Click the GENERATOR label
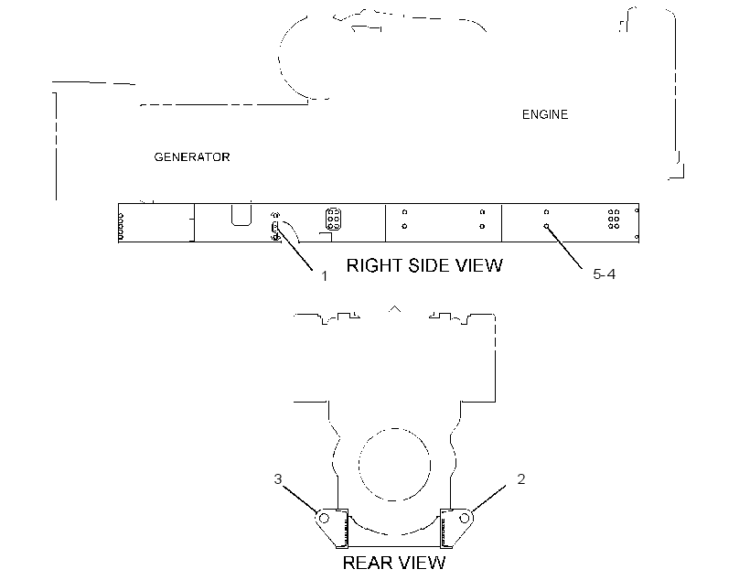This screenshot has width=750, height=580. pyautogui.click(x=192, y=157)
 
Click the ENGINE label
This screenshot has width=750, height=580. pyautogui.click(x=545, y=115)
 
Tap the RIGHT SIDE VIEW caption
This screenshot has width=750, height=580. pyautogui.click(x=424, y=265)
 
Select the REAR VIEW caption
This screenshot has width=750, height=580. pyautogui.click(x=393, y=563)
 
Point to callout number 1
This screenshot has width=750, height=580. pyautogui.click(x=325, y=276)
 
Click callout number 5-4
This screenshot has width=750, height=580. pyautogui.click(x=604, y=274)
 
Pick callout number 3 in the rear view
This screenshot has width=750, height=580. pyautogui.click(x=278, y=479)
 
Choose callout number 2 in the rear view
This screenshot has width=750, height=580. pyautogui.click(x=521, y=479)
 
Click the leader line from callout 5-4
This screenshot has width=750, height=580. pyautogui.click(x=564, y=247)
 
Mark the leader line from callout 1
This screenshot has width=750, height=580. pyautogui.click(x=295, y=248)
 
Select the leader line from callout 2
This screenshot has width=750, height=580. pyautogui.click(x=488, y=499)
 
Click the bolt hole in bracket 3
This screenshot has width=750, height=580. pyautogui.click(x=324, y=519)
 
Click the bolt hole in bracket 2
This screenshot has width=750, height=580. pyautogui.click(x=464, y=519)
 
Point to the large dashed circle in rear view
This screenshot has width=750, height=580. pyautogui.click(x=359, y=464)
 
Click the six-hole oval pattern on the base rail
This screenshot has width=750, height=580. pyautogui.click(x=334, y=219)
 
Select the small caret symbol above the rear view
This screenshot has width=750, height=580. pyautogui.click(x=394, y=308)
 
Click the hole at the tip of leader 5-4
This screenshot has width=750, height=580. pyautogui.click(x=546, y=226)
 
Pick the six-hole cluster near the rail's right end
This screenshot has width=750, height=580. pyautogui.click(x=614, y=219)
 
